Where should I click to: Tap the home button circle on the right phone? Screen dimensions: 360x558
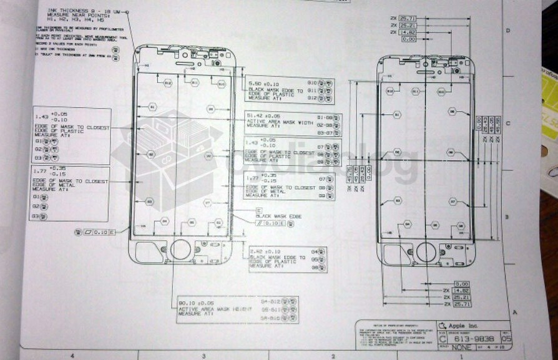pyautogui.click(x=426, y=252)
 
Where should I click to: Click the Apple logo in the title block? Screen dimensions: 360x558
pyautogui.click(x=442, y=325)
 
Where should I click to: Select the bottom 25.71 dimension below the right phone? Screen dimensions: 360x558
pyautogui.click(x=461, y=304)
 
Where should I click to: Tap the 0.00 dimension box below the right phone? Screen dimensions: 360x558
pyautogui.click(x=461, y=283)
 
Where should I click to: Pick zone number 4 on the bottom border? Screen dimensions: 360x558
pyautogui.click(x=73, y=355)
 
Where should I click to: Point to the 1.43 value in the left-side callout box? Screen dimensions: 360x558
pyautogui.click(x=42, y=117)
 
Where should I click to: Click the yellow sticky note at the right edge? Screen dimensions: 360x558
pyautogui.click(x=549, y=94)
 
